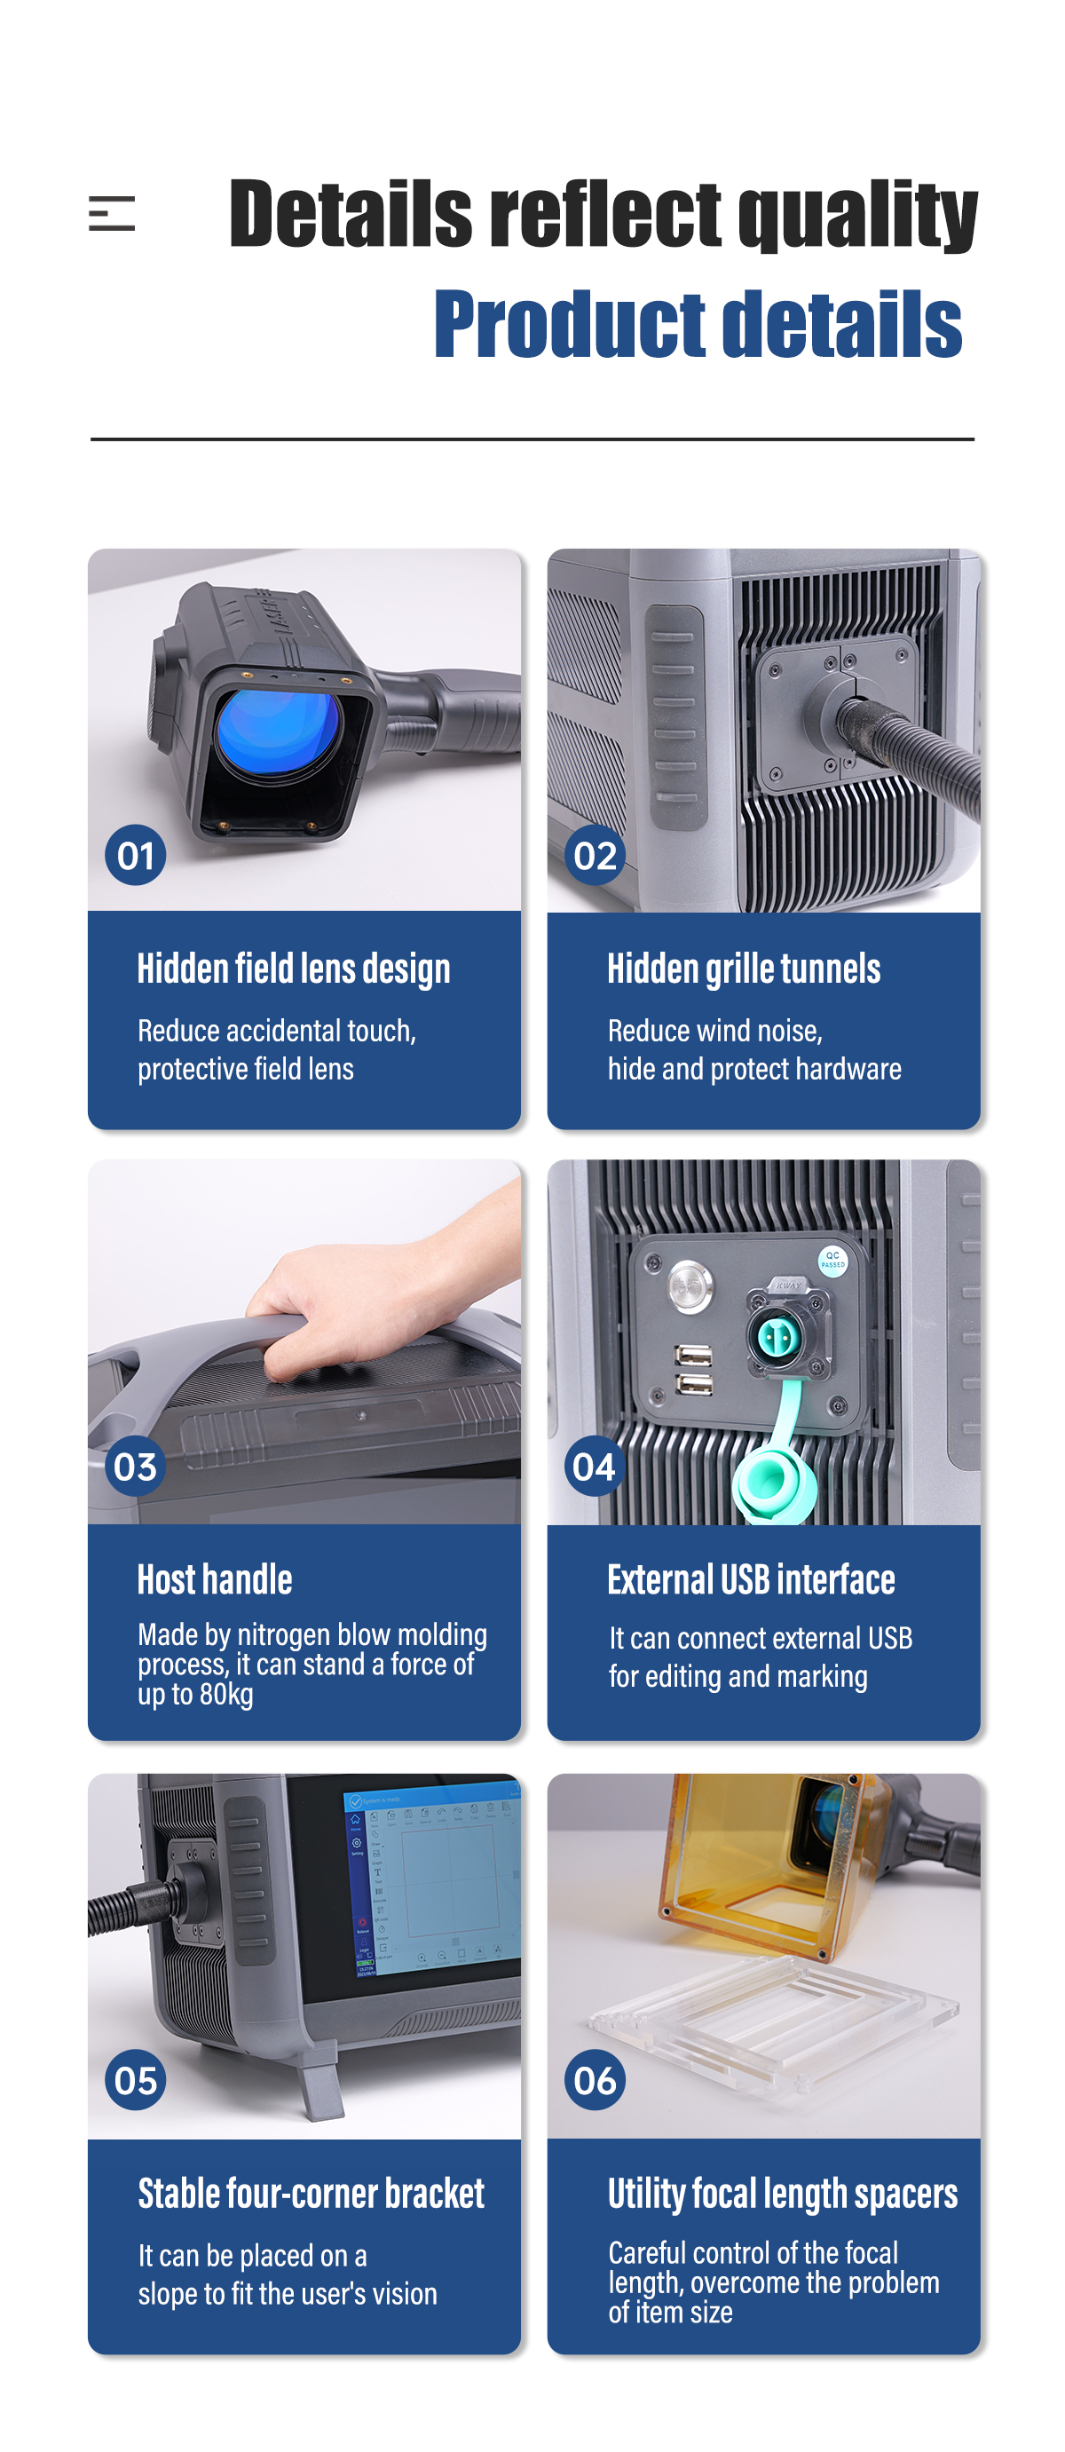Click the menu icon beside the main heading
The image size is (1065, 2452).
coord(111,213)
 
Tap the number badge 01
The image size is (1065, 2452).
coord(135,855)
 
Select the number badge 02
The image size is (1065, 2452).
coord(595,855)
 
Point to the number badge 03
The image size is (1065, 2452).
coord(135,1466)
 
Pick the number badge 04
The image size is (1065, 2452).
coord(595,1466)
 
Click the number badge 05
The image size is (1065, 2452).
coord(135,2080)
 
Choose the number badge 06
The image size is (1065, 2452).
coord(595,2080)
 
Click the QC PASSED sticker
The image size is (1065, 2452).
coord(832,1261)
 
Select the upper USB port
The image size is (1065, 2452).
coord(693,1355)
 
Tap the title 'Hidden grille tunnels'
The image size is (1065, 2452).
coord(744,969)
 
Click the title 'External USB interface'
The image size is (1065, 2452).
coord(751,1579)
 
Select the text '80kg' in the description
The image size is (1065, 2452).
coord(226,1696)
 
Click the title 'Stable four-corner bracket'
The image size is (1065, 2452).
coord(312,2193)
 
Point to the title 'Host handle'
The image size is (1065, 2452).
coord(215,1579)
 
